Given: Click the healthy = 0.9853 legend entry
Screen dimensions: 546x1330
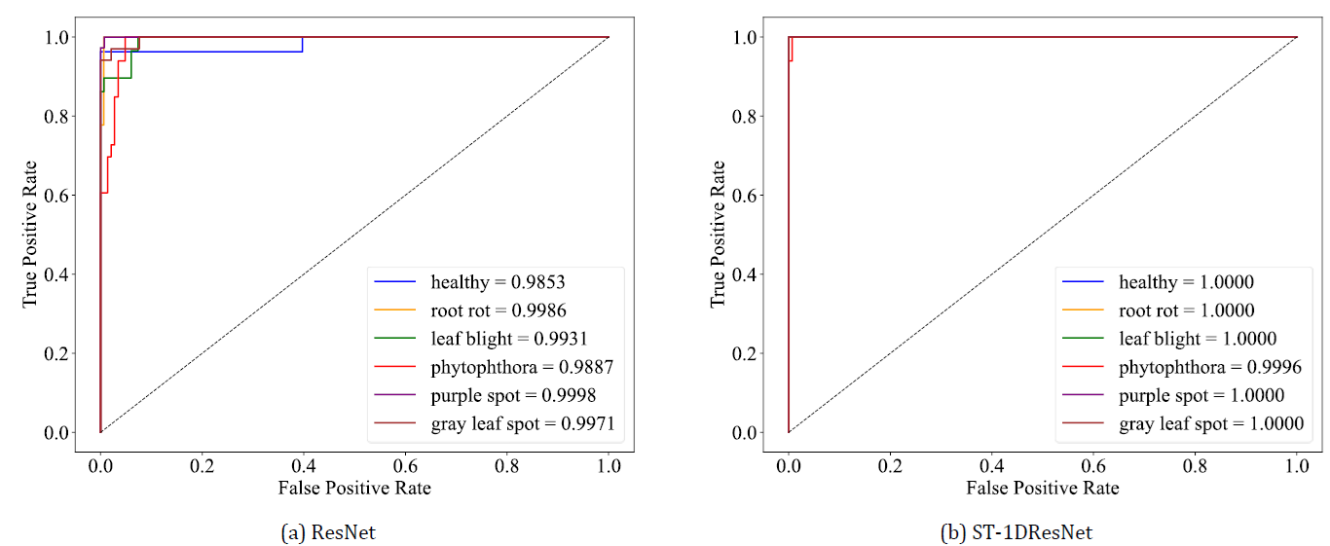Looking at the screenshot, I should [x=498, y=282].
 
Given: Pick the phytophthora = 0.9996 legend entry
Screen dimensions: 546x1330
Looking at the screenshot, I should [x=1210, y=367].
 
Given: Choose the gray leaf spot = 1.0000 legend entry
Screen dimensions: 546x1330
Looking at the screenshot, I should [x=1210, y=423].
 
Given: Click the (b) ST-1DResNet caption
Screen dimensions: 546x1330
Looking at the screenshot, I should [x=1016, y=532].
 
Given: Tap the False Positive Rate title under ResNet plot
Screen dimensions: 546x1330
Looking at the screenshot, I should [x=354, y=488].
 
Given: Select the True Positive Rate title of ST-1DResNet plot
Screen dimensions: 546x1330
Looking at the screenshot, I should [x=719, y=234].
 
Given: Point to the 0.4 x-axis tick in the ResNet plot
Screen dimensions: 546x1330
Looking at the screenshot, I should [x=405, y=455].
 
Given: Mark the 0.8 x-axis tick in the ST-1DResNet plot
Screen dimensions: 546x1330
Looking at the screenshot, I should [x=1196, y=455].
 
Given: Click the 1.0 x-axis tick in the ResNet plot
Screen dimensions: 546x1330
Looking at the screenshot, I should [x=610, y=455].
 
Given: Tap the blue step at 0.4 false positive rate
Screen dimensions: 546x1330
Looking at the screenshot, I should [x=303, y=44].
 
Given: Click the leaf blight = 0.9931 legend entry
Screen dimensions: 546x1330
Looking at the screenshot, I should [x=508, y=339].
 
